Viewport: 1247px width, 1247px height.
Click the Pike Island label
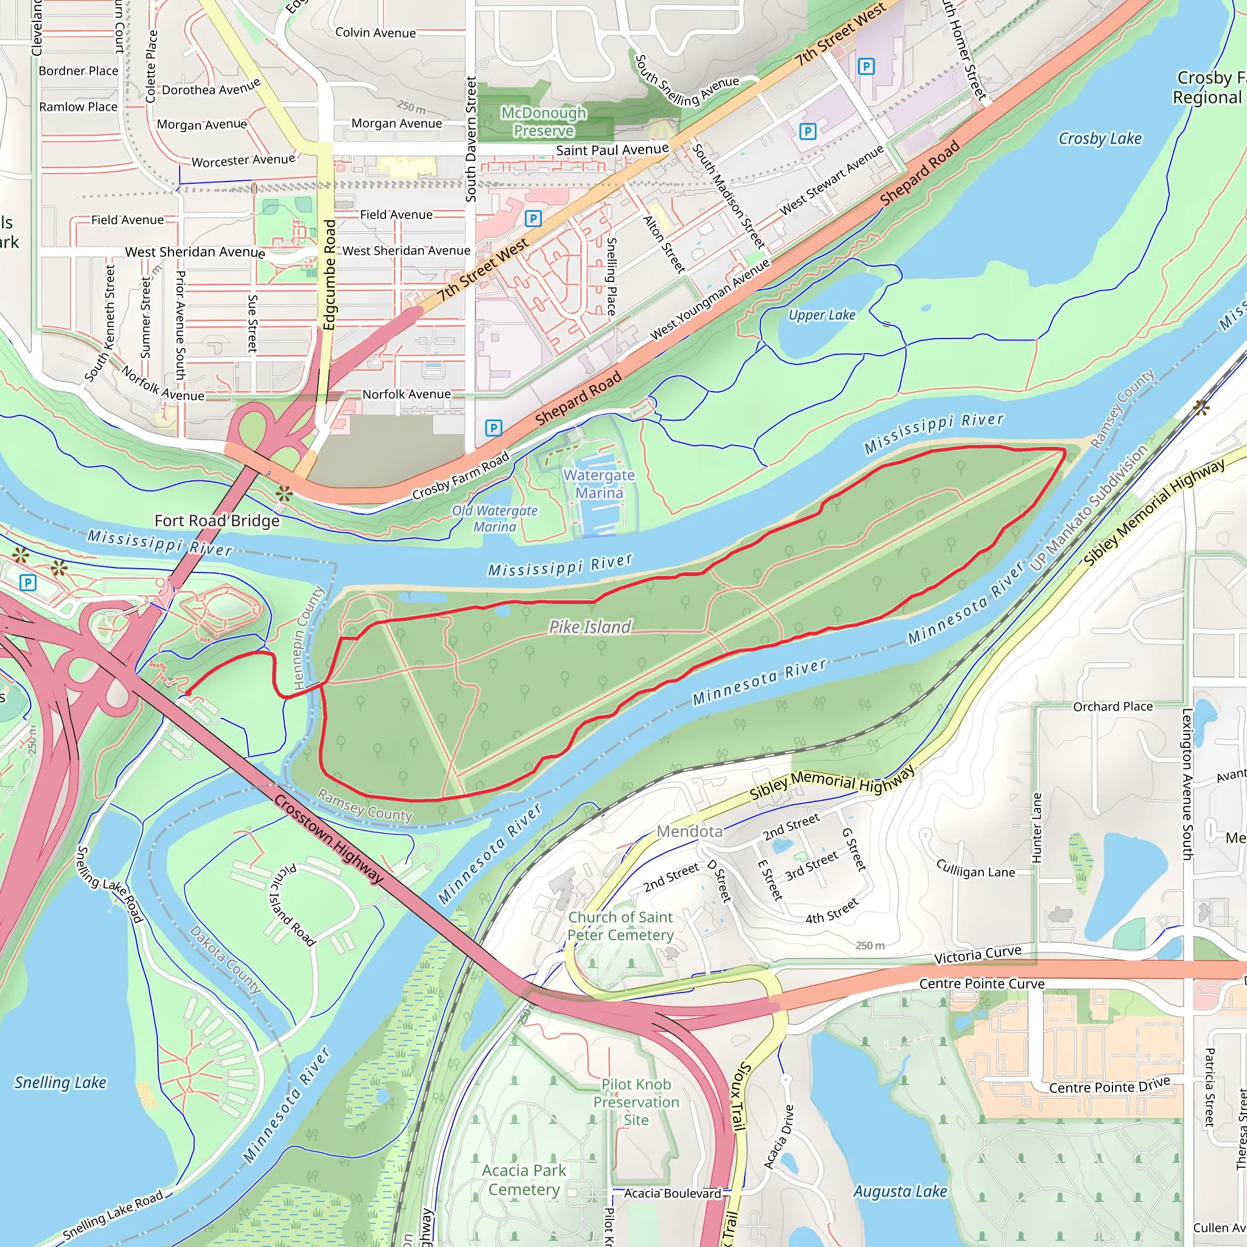click(x=589, y=627)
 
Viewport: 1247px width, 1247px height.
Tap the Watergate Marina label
click(x=599, y=484)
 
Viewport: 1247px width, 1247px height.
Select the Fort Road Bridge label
click(x=217, y=521)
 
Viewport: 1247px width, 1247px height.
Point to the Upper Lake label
click(x=821, y=315)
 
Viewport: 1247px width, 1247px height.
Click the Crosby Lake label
click(x=1100, y=139)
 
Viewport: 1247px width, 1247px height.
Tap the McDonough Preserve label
click(x=544, y=122)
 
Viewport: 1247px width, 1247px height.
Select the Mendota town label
click(x=689, y=831)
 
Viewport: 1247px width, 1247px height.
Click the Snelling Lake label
click(x=60, y=1083)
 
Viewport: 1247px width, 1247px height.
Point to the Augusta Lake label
click(x=900, y=1192)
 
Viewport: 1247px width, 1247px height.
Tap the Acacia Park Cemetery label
click(x=524, y=1180)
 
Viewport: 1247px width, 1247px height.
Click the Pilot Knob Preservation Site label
click(x=636, y=1103)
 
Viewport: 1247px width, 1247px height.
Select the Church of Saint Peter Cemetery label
click(x=620, y=926)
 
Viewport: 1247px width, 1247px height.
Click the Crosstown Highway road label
click(x=329, y=839)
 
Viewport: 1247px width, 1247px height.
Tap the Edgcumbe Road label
click(x=330, y=275)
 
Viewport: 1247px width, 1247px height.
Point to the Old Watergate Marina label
click(x=494, y=518)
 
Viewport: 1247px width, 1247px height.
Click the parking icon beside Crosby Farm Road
click(x=493, y=427)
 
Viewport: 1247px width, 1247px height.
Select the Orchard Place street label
click(x=1113, y=707)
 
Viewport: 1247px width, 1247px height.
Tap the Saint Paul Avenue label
click(x=612, y=150)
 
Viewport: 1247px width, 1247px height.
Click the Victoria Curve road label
click(x=977, y=955)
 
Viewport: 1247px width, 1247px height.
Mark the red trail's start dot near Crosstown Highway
click(x=188, y=693)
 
